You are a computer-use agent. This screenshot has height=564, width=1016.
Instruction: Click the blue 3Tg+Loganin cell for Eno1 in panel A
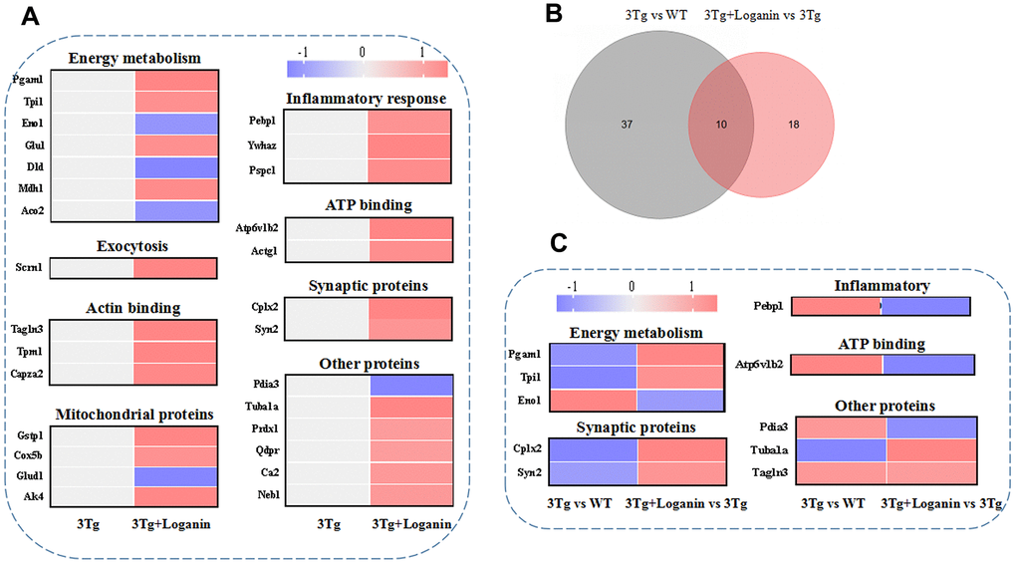[175, 125]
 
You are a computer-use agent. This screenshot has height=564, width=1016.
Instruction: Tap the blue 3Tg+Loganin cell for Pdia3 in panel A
[410, 386]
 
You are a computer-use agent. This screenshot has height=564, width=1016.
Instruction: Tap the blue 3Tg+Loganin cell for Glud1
[175, 476]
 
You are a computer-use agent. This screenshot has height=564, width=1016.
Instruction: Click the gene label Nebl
[262, 493]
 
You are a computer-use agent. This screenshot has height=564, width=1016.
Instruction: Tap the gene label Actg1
[264, 250]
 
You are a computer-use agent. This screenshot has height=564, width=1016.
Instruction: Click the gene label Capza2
[28, 374]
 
